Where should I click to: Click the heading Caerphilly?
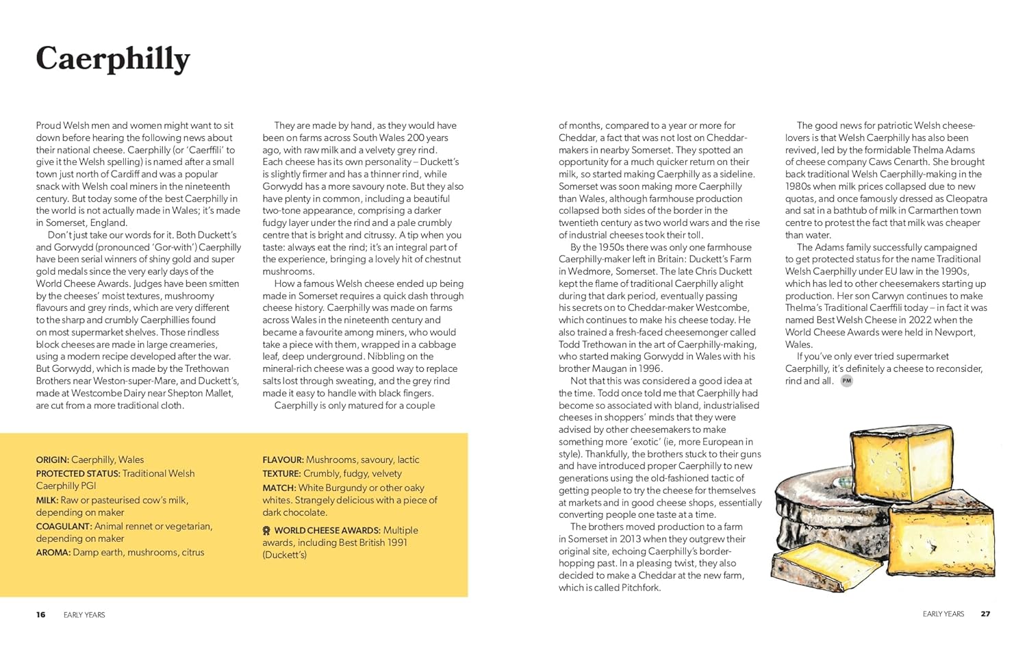[113, 59]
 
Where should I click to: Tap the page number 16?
[41, 614]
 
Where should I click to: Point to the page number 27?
[985, 614]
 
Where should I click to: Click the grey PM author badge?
[847, 381]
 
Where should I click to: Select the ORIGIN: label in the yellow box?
[53, 460]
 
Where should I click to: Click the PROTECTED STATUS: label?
[78, 473]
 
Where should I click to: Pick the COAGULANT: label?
[64, 526]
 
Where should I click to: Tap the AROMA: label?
[53, 552]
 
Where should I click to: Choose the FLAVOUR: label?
[283, 460]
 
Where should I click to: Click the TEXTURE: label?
[281, 473]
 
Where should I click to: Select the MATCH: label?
[279, 488]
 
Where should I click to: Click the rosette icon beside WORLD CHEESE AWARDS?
[266, 531]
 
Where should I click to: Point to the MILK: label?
[47, 500]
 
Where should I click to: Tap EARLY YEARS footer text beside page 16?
[84, 615]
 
